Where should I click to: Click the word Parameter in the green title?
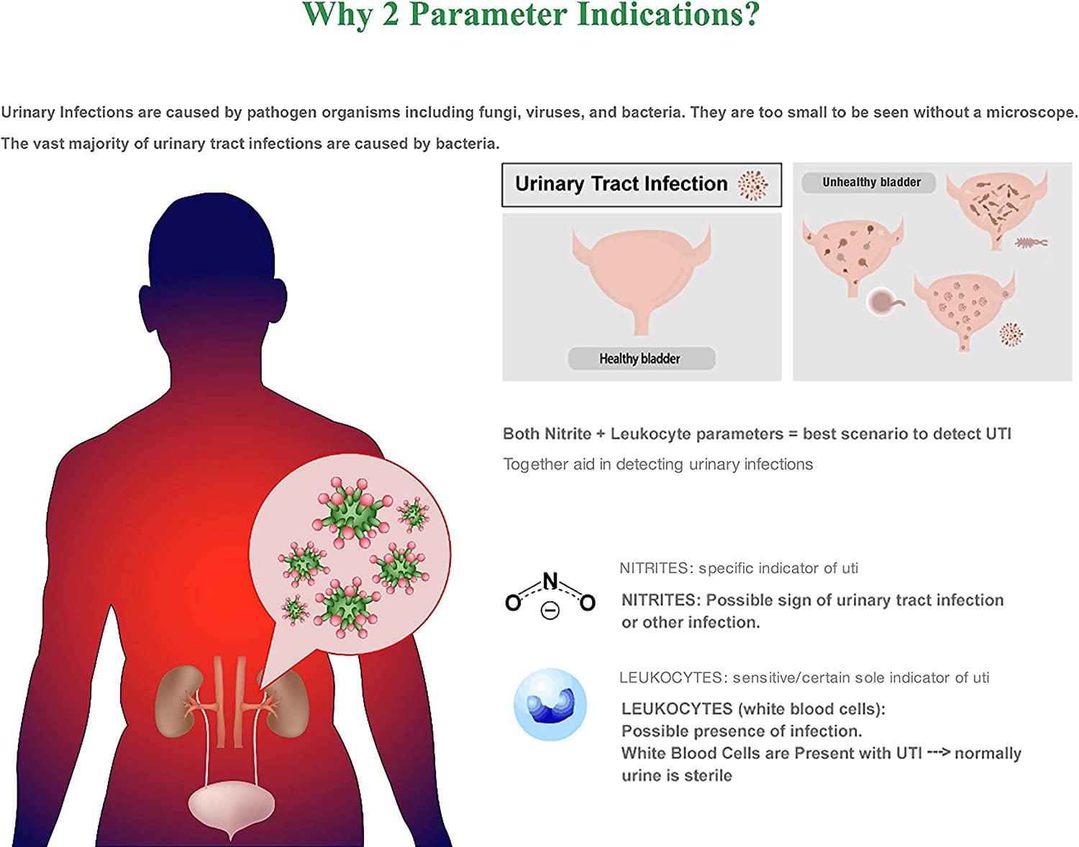tap(488, 14)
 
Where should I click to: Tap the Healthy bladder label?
tap(641, 358)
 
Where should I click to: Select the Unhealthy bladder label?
tap(870, 182)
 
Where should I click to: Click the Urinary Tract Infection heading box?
tap(642, 185)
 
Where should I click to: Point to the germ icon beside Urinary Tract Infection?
tap(753, 185)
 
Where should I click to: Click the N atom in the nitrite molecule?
tap(550, 581)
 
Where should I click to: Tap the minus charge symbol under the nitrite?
tap(550, 610)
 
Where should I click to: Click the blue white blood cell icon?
tap(550, 705)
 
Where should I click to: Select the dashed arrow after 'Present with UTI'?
tap(939, 752)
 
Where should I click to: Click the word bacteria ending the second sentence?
tap(468, 144)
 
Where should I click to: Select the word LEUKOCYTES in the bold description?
tap(677, 708)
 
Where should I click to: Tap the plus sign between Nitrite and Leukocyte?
tap(601, 434)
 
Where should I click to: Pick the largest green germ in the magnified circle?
tap(352, 513)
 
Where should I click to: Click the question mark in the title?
tap(751, 14)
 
